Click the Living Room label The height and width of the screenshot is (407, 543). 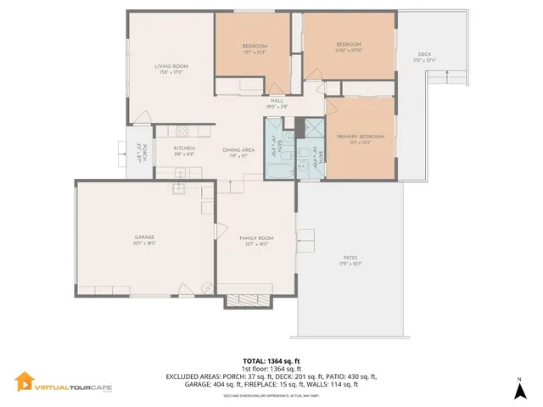click(171, 66)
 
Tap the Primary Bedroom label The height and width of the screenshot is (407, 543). click(360, 137)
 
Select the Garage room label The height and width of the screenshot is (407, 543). click(143, 237)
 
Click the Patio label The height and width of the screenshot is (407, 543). click(350, 258)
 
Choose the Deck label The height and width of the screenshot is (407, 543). click(423, 55)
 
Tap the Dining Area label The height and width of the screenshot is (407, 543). click(238, 149)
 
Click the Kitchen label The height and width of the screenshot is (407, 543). click(184, 148)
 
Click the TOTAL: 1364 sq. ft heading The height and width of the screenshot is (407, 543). click(271, 361)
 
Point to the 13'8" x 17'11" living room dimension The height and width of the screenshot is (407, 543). click(171, 73)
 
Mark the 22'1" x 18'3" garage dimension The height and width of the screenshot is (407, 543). click(143, 243)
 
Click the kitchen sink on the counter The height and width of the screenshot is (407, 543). click(180, 189)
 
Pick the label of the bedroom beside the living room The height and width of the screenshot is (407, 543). click(255, 46)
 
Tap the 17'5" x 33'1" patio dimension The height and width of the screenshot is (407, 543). click(350, 265)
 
